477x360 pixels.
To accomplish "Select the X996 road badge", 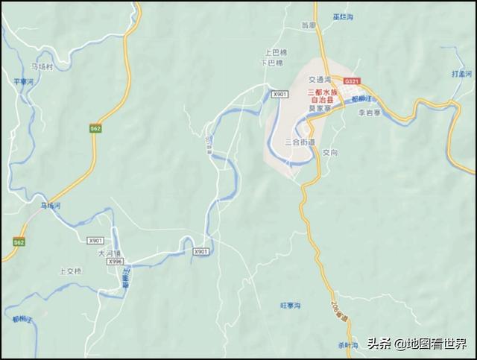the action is (x=115, y=262).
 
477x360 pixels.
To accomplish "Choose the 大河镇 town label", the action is (x=109, y=253).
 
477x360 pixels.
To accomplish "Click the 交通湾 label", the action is (x=322, y=79).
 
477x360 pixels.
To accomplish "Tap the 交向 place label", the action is (x=331, y=152).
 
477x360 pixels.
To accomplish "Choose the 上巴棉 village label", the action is (x=276, y=54).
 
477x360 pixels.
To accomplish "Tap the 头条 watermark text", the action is (x=379, y=344).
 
